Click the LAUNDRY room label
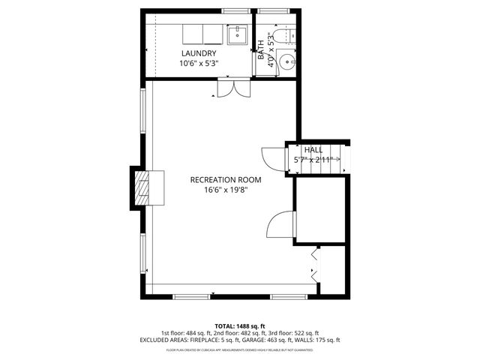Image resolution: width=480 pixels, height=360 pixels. (198, 54)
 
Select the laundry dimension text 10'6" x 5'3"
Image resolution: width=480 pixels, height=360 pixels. (198, 64)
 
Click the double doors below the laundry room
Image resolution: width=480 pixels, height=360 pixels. (231, 89)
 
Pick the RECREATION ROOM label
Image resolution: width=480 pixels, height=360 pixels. (226, 180)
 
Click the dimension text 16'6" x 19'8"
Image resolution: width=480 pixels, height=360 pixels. (226, 190)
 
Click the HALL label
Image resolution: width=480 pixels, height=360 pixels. (313, 150)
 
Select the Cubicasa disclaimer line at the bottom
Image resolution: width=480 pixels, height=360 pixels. (240, 349)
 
